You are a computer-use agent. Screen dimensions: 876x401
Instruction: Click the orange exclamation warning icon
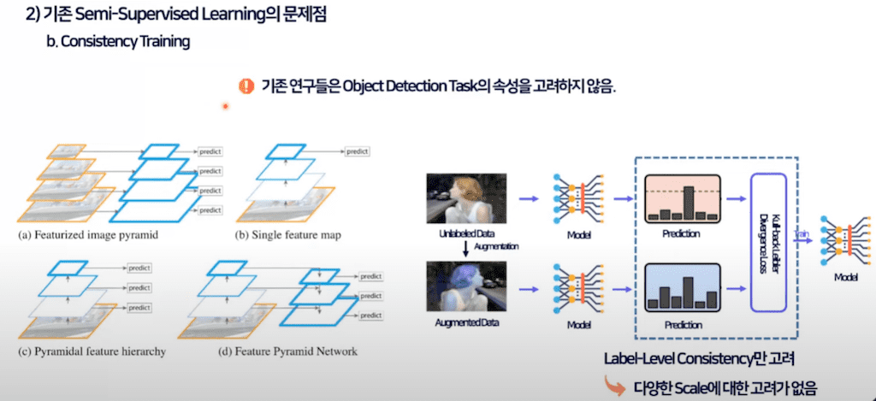click(x=246, y=86)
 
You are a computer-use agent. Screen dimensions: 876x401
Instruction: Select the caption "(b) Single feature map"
click(x=288, y=234)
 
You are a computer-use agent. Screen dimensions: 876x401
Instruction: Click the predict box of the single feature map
click(x=357, y=151)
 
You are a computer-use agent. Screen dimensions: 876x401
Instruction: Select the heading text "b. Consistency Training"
click(x=118, y=41)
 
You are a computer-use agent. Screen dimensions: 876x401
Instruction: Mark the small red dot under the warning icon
click(x=226, y=107)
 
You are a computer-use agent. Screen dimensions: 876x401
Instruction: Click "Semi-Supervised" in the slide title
click(x=129, y=14)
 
